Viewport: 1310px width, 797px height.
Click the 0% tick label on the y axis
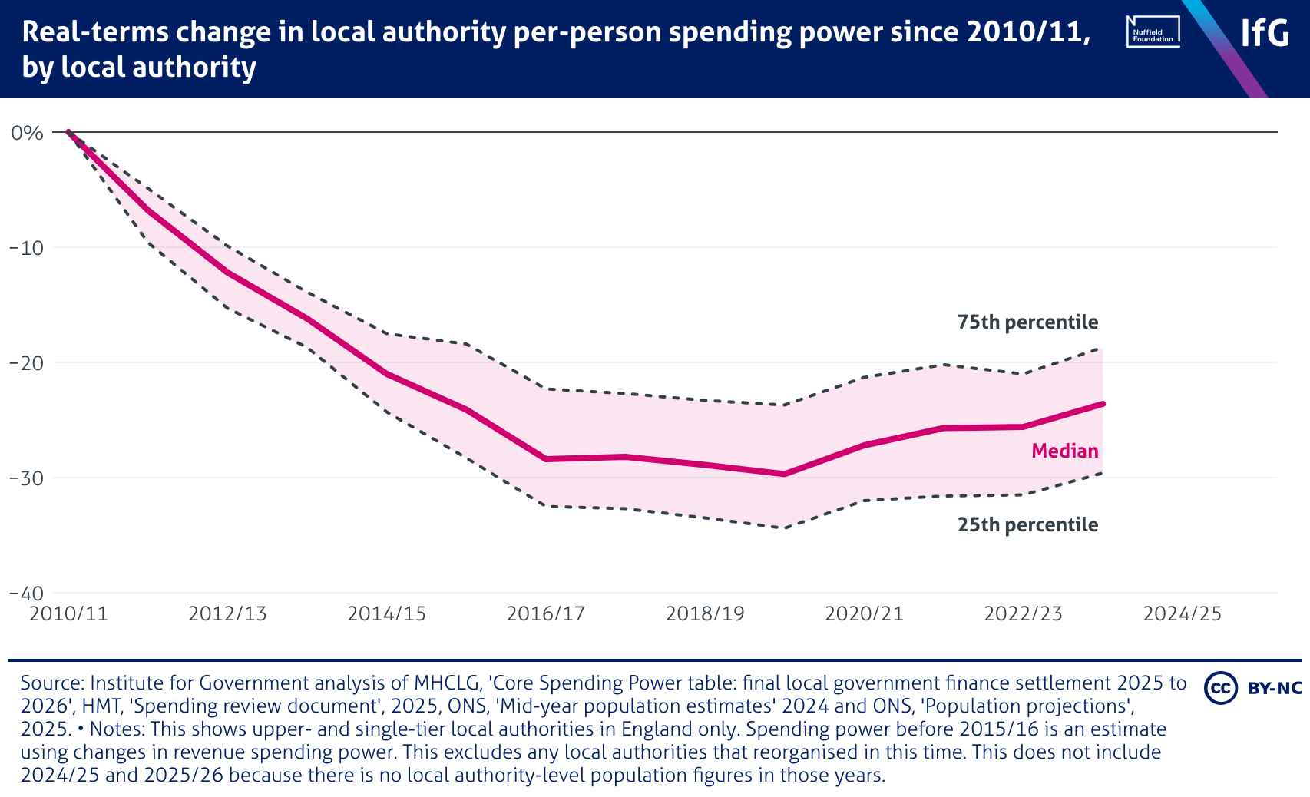coord(27,133)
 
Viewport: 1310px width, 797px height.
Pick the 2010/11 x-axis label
coord(68,613)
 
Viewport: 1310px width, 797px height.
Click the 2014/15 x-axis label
coord(386,613)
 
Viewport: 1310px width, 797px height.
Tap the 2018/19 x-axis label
coord(705,613)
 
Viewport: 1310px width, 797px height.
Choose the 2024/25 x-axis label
coord(1182,613)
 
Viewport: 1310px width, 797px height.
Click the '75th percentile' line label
coord(1027,322)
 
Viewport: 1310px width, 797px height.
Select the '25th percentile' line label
coord(1027,525)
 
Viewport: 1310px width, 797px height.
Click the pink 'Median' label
coord(1064,451)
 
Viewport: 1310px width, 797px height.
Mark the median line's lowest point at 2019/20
coord(784,474)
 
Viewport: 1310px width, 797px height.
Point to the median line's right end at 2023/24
coord(1103,403)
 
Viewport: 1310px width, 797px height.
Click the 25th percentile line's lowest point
coord(784,527)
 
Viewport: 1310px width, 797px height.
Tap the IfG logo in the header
coord(1265,33)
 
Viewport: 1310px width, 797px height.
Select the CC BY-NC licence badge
coord(1252,687)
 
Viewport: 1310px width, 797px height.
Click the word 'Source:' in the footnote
coord(52,683)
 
